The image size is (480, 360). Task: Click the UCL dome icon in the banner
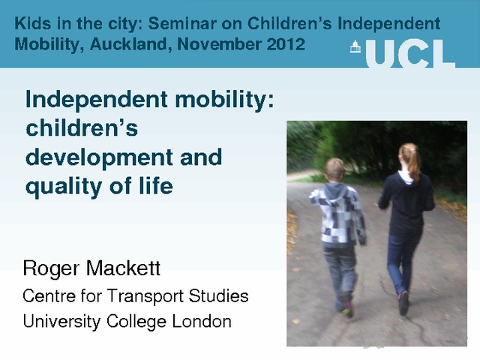point(355,46)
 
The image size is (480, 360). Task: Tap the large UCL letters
point(410,54)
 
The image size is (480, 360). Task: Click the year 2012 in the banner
point(286,44)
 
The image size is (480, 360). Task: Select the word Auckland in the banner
point(130,44)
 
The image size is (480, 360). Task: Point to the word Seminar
point(182,23)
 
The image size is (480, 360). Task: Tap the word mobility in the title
point(225,100)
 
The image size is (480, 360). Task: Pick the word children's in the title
point(82,127)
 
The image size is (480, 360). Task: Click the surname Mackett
point(123,268)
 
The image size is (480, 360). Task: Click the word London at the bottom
point(202,322)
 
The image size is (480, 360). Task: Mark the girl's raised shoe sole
point(403,303)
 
